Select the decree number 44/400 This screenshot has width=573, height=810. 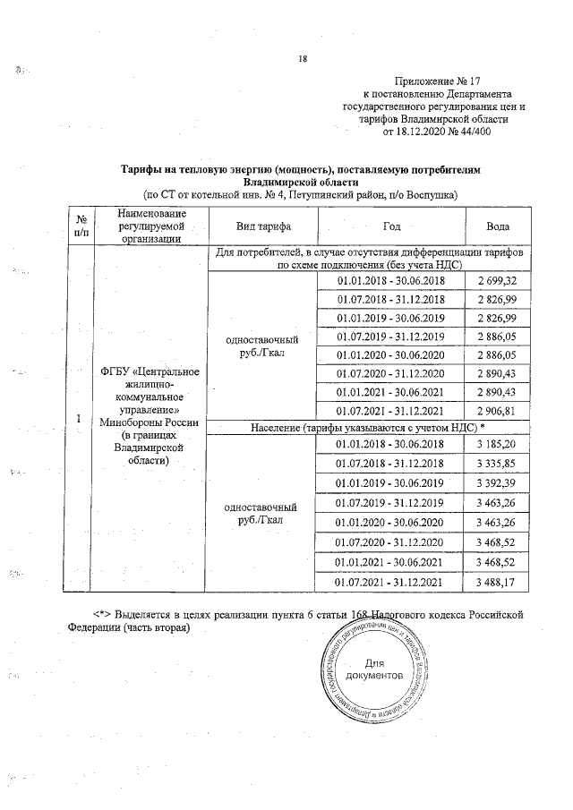pos(468,132)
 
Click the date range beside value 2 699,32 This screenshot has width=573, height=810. pos(390,281)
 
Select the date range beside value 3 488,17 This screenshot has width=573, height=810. pos(390,583)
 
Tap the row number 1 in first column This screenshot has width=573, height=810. pos(80,419)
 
